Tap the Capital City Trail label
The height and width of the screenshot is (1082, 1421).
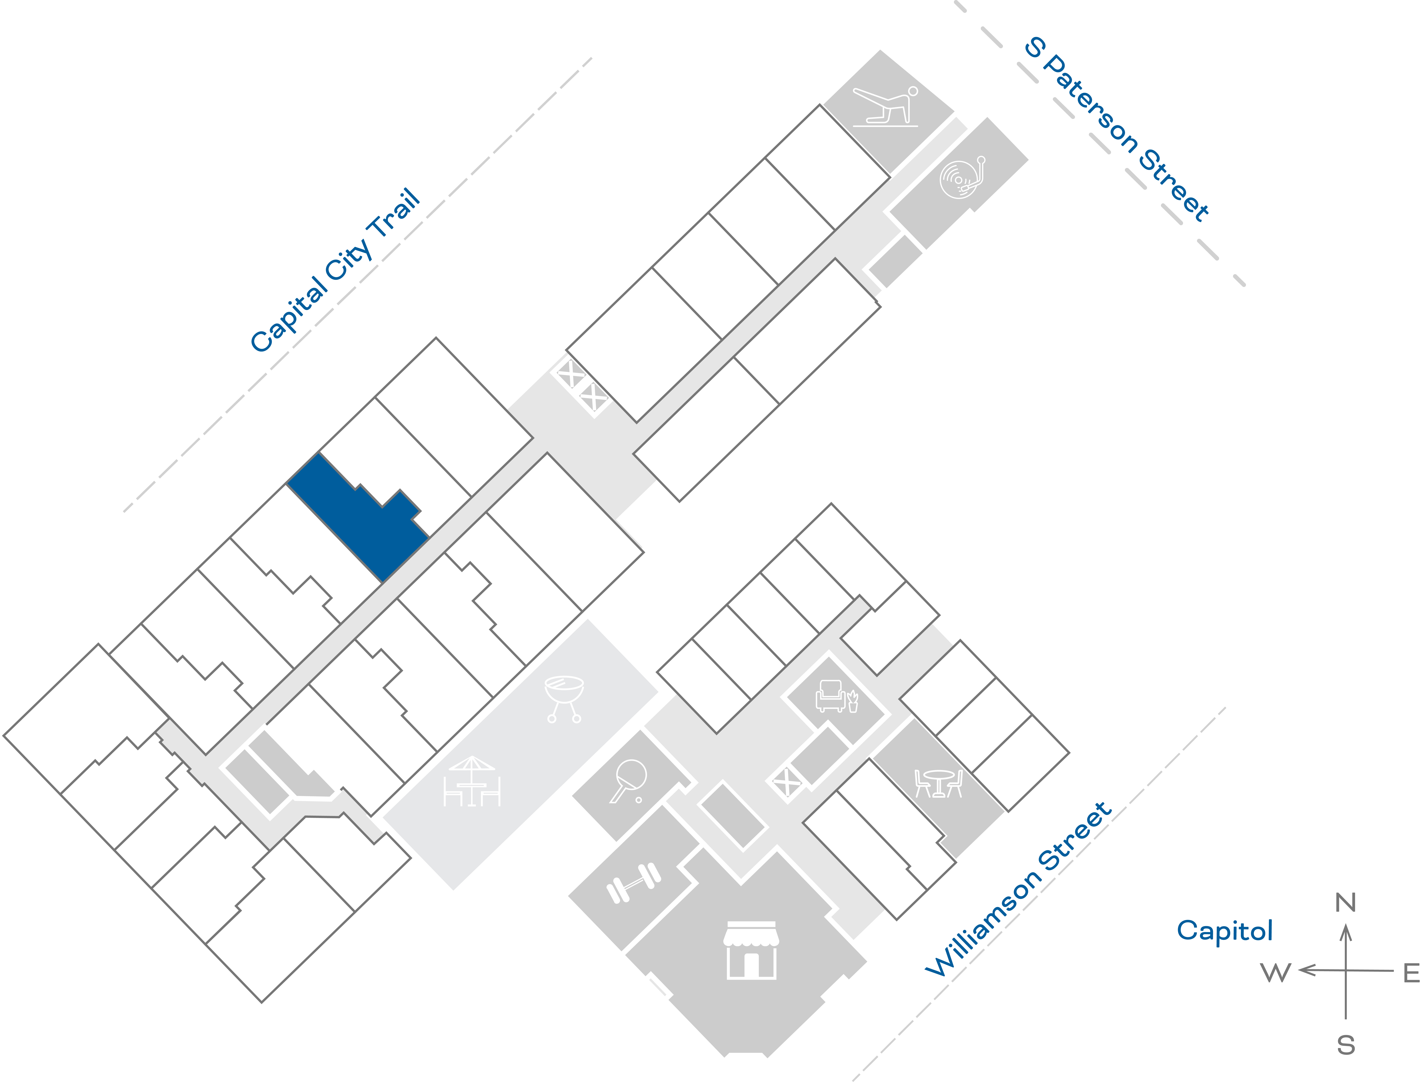coord(335,270)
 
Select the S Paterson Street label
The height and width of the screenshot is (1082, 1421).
coord(1117,129)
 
